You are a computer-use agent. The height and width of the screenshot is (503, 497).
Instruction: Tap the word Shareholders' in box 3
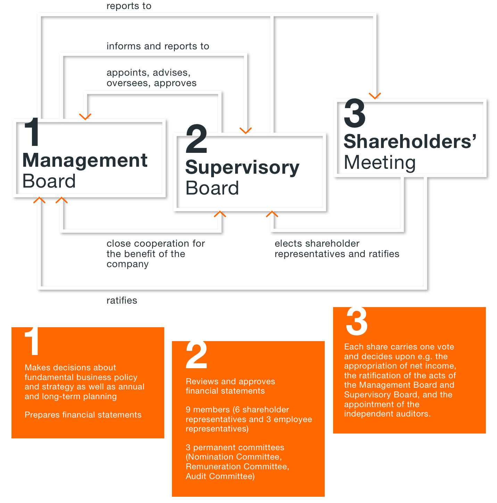pyautogui.click(x=410, y=141)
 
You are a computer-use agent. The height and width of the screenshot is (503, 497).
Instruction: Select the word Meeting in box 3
pyautogui.click(x=380, y=162)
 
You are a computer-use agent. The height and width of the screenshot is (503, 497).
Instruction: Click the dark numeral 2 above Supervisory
pyautogui.click(x=196, y=139)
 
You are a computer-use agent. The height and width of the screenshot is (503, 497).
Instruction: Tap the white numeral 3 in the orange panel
pyautogui.click(x=357, y=321)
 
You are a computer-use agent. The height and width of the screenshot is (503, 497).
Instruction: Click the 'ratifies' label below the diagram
pyautogui.click(x=122, y=300)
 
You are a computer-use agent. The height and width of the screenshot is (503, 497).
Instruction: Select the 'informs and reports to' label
pyautogui.click(x=158, y=46)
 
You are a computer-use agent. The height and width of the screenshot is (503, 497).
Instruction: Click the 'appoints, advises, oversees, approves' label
pyautogui.click(x=151, y=78)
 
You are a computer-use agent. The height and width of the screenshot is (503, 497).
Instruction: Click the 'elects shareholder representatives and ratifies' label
pyautogui.click(x=337, y=248)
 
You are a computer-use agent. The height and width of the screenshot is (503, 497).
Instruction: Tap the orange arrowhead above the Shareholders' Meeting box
pyautogui.click(x=375, y=96)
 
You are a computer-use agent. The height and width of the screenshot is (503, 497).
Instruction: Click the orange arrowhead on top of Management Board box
pyautogui.click(x=85, y=117)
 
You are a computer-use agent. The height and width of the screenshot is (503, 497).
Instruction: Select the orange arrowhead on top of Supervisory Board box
pyautogui.click(x=246, y=131)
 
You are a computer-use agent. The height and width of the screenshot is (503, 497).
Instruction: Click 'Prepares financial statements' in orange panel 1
pyautogui.click(x=83, y=415)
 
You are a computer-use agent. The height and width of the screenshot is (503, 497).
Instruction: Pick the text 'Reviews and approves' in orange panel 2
pyautogui.click(x=231, y=381)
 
